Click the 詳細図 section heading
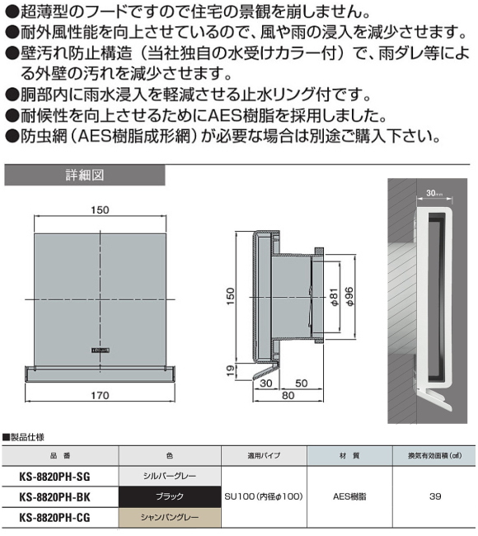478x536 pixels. [85, 175]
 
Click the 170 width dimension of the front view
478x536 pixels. [100, 396]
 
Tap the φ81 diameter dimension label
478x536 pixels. [334, 297]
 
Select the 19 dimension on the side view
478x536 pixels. [231, 371]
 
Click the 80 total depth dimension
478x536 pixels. [288, 396]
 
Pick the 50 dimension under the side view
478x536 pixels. [302, 383]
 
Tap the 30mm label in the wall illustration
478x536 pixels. [434, 193]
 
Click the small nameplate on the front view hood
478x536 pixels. [101, 350]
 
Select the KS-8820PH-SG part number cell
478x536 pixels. [54, 477]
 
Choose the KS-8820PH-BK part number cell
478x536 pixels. [54, 497]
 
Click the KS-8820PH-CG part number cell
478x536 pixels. [54, 518]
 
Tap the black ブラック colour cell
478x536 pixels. [170, 496]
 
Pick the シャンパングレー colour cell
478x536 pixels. [170, 518]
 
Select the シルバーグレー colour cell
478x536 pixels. [170, 476]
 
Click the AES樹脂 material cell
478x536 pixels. [349, 496]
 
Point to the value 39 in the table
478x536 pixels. [435, 496]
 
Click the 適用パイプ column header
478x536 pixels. [264, 456]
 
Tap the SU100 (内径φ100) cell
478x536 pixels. [264, 496]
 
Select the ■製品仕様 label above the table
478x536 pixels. [23, 437]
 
